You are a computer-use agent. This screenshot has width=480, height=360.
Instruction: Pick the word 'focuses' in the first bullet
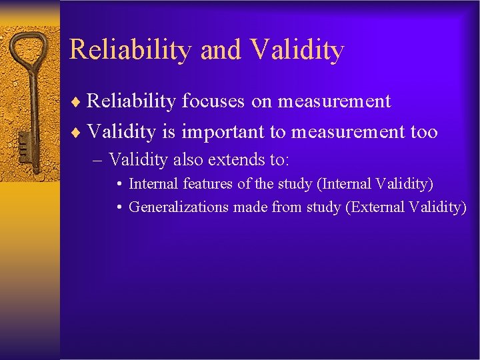pos(213,101)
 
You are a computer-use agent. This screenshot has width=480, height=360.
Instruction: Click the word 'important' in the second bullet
pos(223,133)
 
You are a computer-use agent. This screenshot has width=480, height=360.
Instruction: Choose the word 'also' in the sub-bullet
pos(189,160)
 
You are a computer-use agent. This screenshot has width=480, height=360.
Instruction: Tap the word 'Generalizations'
pos(179,207)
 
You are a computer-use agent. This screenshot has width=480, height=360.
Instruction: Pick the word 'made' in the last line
pos(250,207)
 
